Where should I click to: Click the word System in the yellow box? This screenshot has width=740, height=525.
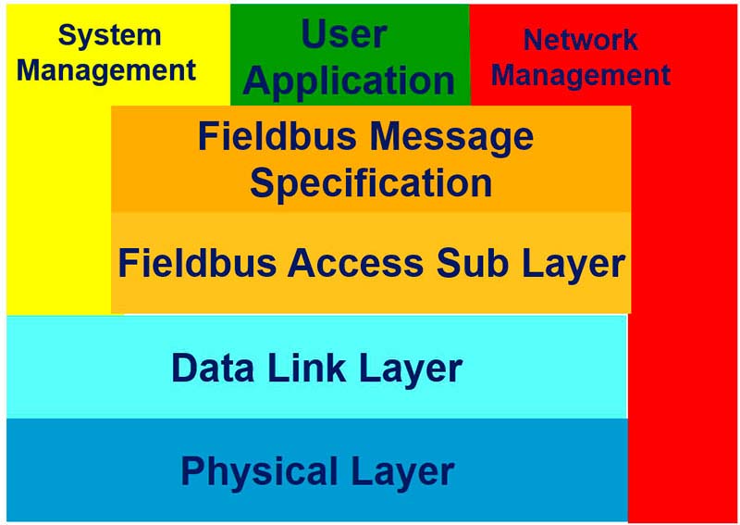[109, 35]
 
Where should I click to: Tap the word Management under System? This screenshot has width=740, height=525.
[106, 69]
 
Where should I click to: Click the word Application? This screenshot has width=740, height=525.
[349, 81]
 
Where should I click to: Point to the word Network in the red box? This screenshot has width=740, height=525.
[580, 40]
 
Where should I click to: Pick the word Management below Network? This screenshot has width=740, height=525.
[581, 75]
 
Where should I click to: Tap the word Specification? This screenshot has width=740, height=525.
[370, 182]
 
